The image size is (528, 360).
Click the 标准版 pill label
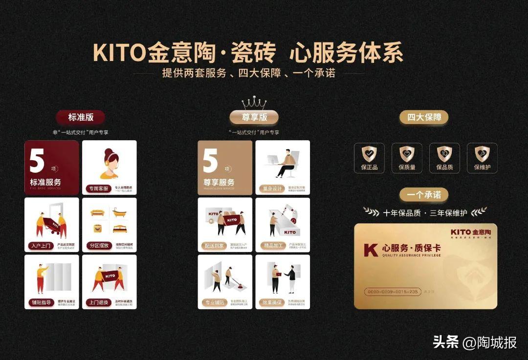pyautogui.click(x=81, y=117)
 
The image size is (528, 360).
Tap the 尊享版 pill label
pyautogui.click(x=254, y=117)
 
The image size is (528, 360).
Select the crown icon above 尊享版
pyautogui.click(x=254, y=104)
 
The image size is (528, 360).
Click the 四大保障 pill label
pyautogui.click(x=424, y=117)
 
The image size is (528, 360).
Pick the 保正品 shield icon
pyautogui.click(x=369, y=154)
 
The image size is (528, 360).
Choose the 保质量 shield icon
pyautogui.click(x=407, y=154)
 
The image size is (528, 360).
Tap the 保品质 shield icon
pyautogui.click(x=444, y=154)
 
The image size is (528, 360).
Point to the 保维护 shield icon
pyautogui.click(x=482, y=154)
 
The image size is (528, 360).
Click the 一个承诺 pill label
pyautogui.click(x=424, y=194)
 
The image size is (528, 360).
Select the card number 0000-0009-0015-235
pyautogui.click(x=393, y=292)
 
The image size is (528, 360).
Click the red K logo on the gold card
pyautogui.click(x=371, y=250)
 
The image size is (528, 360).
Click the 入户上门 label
pyautogui.click(x=41, y=245)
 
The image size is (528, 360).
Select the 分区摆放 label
pyautogui.click(x=99, y=245)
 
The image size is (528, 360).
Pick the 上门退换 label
pyautogui.click(x=99, y=302)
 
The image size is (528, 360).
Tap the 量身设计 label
pyautogui.click(x=272, y=189)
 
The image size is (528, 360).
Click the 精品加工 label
pyautogui.click(x=272, y=245)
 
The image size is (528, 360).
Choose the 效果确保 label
pyautogui.click(x=272, y=302)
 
